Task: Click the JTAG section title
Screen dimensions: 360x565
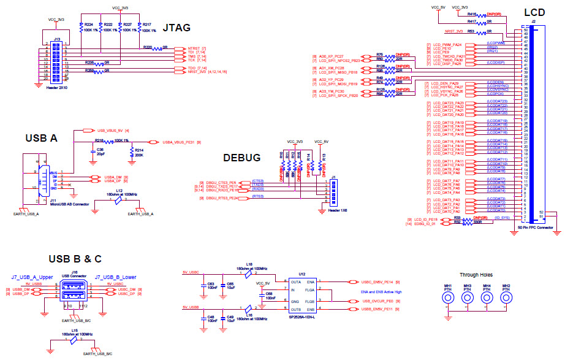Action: [177, 28]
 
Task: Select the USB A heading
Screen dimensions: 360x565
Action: [41, 138]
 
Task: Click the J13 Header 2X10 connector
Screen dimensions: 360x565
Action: [56, 62]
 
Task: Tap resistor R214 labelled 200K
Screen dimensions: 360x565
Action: [132, 152]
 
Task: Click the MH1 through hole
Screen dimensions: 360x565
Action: [449, 299]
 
